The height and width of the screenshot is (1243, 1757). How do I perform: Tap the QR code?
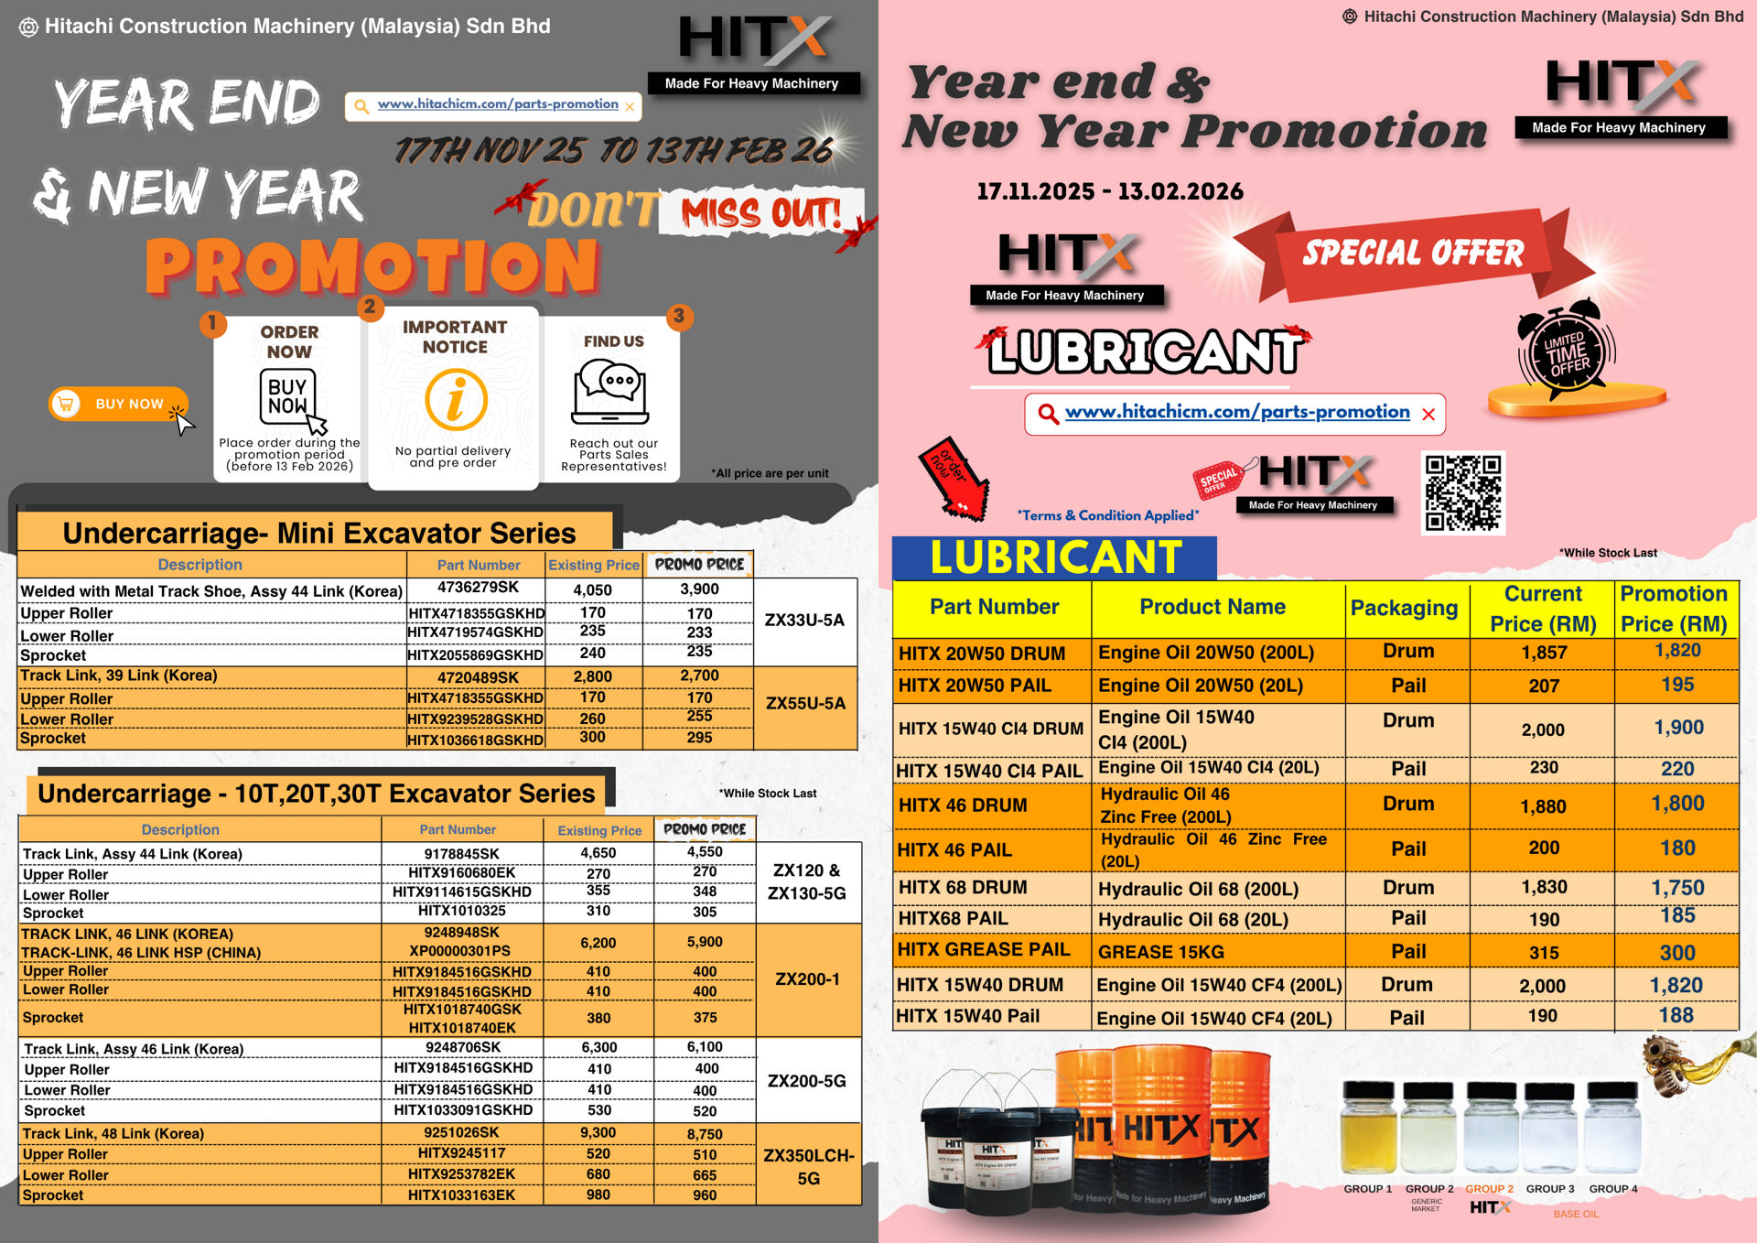coord(1462,492)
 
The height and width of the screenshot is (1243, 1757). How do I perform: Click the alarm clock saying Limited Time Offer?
coord(1567,352)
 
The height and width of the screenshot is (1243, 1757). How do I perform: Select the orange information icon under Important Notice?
coord(456,400)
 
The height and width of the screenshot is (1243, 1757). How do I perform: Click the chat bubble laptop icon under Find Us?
coord(611,391)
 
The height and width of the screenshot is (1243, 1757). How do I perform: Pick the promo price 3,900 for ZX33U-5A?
coord(699,589)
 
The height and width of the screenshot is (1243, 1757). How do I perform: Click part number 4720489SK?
coord(477,677)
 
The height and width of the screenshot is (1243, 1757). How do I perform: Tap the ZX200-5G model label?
coord(806,1081)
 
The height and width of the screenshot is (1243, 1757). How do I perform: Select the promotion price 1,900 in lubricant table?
coord(1678,728)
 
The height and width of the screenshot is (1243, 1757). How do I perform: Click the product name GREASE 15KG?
coord(1160,953)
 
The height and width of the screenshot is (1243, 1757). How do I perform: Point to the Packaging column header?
coord(1404,609)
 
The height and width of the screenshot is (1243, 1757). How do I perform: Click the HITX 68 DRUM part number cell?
coord(963,888)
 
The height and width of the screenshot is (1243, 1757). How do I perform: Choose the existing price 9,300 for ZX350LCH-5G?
coord(598,1133)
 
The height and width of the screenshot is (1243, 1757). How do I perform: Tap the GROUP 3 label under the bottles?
coord(1550,1189)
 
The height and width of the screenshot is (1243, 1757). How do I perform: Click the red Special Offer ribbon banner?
coord(1413,254)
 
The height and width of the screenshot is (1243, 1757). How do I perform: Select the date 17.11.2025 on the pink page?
coord(1035,192)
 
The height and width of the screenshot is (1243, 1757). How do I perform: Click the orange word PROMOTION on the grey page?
coord(372,266)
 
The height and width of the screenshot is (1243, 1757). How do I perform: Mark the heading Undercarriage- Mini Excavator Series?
coord(318,534)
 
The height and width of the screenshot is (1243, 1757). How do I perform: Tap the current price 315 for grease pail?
coord(1544,953)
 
